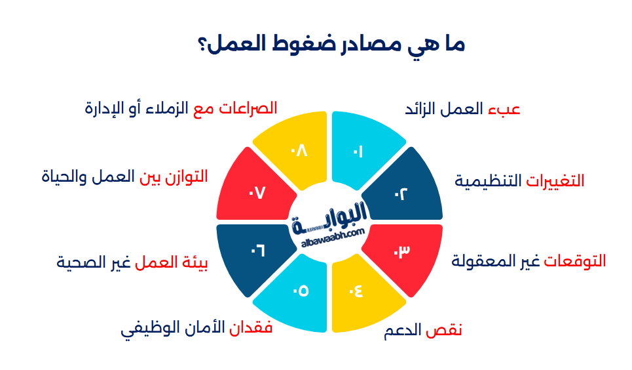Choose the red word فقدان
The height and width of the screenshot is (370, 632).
(251, 328)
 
